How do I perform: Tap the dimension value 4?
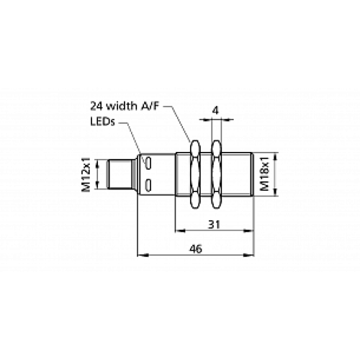(x=215, y=111)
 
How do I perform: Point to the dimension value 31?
(x=215, y=223)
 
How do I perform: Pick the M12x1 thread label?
(x=86, y=176)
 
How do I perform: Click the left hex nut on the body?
(x=192, y=175)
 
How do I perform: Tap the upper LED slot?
(x=148, y=163)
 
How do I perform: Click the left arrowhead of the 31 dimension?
(x=178, y=230)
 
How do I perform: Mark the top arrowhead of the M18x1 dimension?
(x=274, y=155)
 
